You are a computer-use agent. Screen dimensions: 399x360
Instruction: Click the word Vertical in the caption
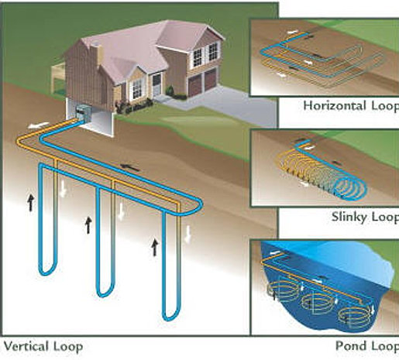(26, 346)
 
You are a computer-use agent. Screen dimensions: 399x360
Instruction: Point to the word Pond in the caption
(350, 346)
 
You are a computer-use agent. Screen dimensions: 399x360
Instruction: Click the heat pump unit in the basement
(81, 114)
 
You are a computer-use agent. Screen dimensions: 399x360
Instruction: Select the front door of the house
(157, 84)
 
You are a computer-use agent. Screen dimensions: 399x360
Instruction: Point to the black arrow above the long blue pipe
(131, 167)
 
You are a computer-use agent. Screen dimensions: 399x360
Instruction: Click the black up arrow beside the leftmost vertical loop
(31, 202)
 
